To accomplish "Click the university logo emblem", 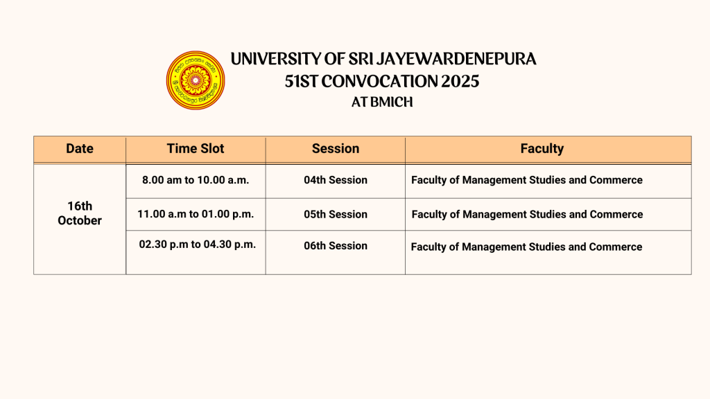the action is pyautogui.click(x=195, y=80).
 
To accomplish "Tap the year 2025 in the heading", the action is pyautogui.click(x=460, y=82).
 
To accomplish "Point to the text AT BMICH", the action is pyautogui.click(x=382, y=103).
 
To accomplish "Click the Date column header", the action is pyautogui.click(x=80, y=148).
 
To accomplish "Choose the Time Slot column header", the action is pyautogui.click(x=196, y=148).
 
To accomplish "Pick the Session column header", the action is pyautogui.click(x=336, y=148).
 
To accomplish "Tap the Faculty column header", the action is pyautogui.click(x=542, y=149).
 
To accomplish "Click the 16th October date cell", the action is pyautogui.click(x=80, y=213).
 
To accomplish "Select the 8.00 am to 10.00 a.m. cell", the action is pyautogui.click(x=196, y=180).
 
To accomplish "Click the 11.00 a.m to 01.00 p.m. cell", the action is pyautogui.click(x=196, y=214).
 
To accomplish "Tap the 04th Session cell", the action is pyautogui.click(x=336, y=180).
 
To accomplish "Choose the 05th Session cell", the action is pyautogui.click(x=336, y=215).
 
